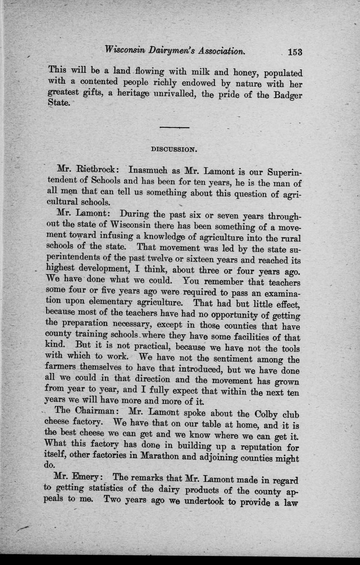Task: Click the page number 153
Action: coord(295,52)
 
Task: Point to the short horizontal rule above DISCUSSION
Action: coord(174,127)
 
